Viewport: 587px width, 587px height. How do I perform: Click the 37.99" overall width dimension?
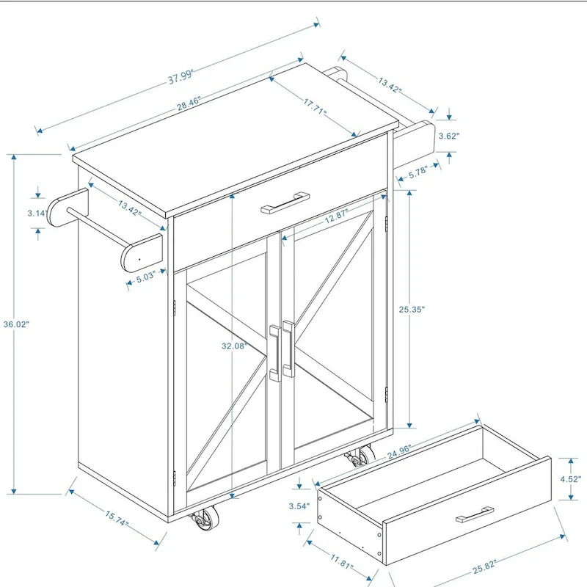pos(185,74)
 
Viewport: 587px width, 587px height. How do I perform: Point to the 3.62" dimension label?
pos(448,136)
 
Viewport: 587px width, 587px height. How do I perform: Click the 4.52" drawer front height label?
pos(569,479)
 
